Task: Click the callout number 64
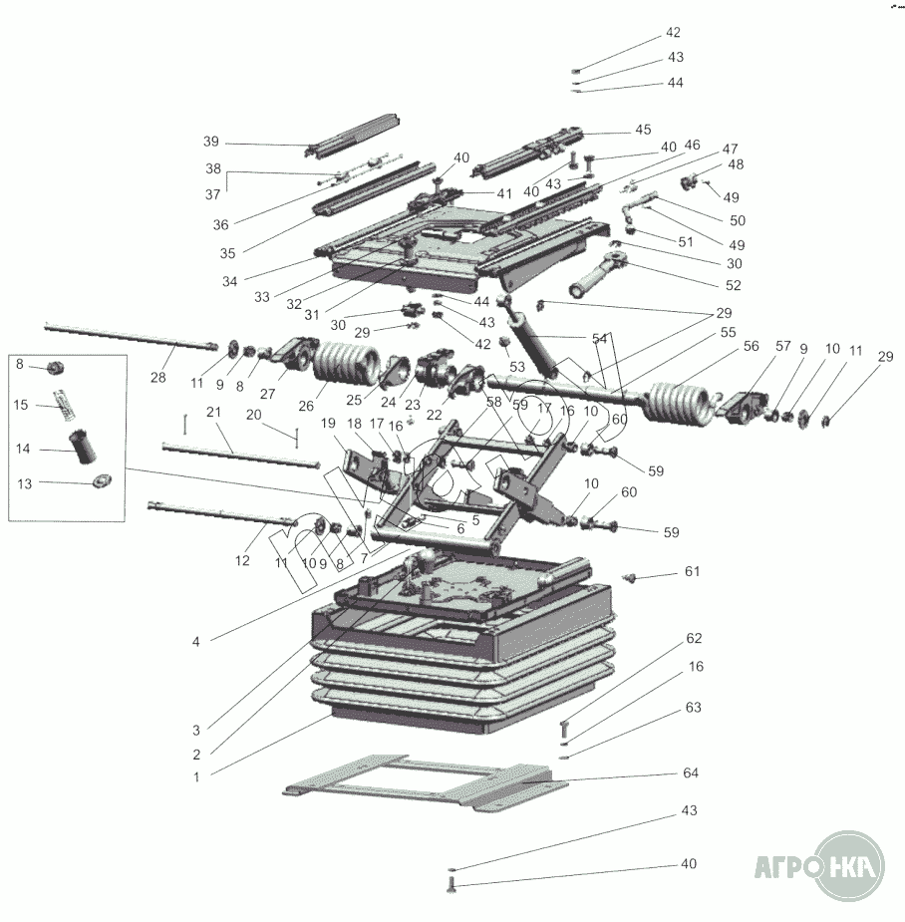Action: [690, 772]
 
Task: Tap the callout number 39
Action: [210, 141]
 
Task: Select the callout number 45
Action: [642, 130]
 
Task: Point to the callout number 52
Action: [734, 284]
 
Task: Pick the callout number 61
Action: [692, 571]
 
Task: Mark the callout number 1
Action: [196, 775]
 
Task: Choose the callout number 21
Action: [212, 412]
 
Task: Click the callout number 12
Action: [242, 561]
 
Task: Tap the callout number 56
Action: [752, 346]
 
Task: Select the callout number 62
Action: [694, 637]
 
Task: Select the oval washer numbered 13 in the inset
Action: [102, 482]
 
